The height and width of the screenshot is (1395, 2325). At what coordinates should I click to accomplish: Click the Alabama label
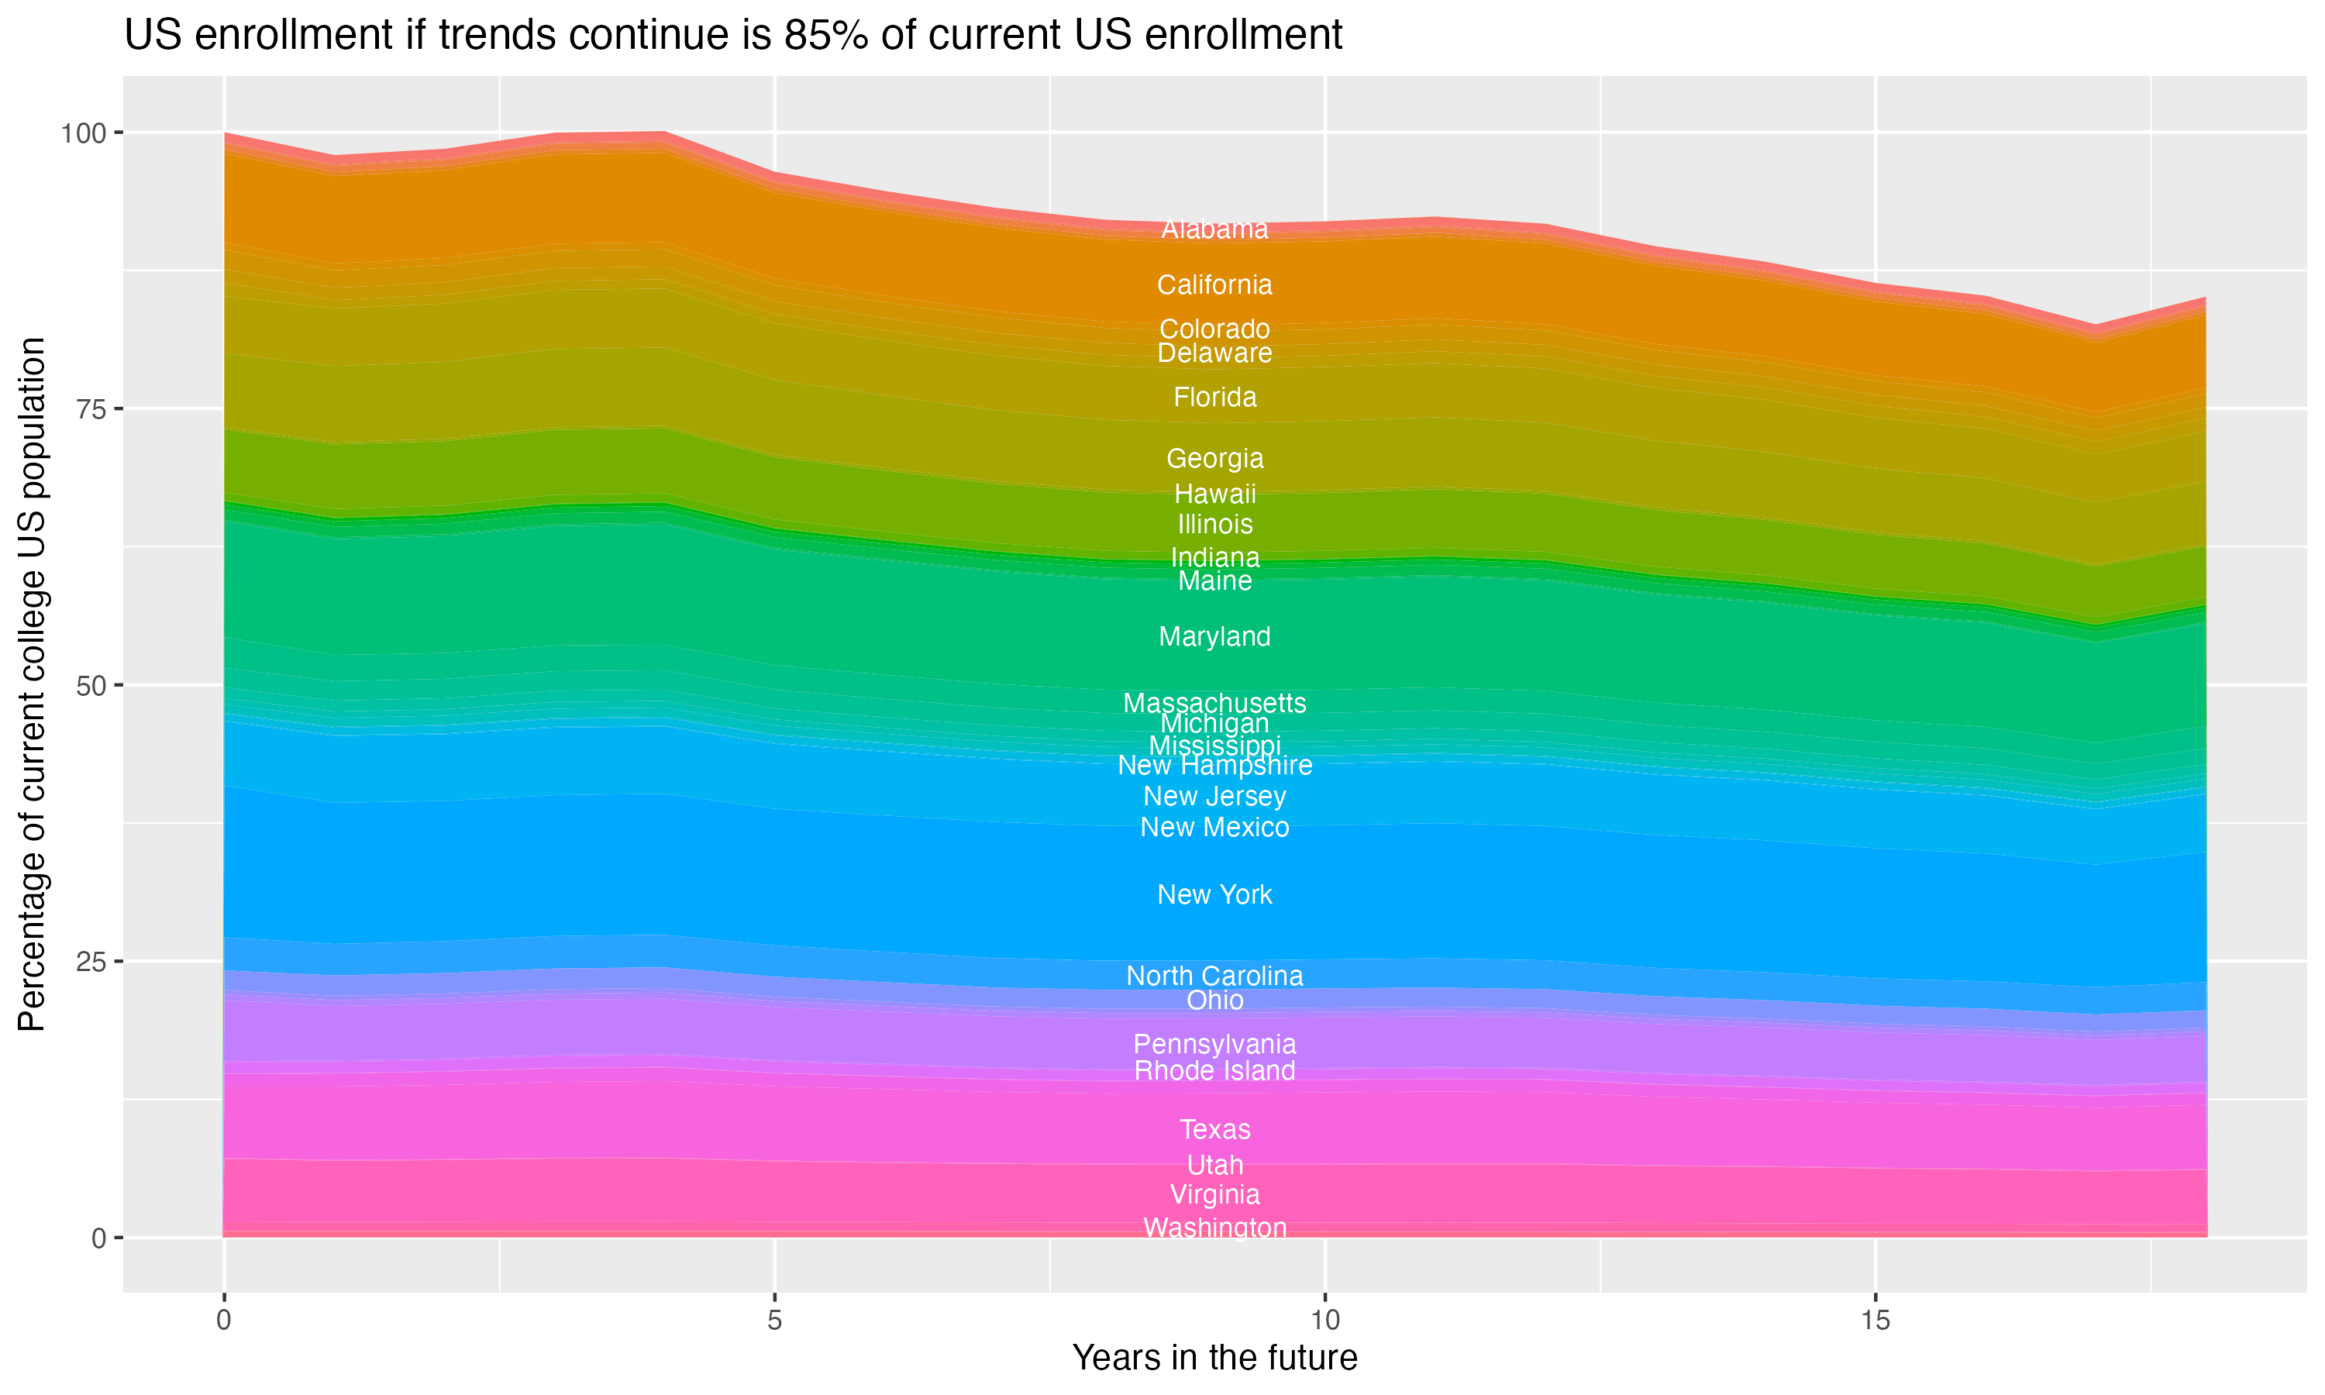point(1214,229)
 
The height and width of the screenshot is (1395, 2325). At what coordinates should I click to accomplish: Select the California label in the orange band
point(1214,285)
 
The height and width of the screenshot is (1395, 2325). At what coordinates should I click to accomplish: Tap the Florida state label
point(1214,398)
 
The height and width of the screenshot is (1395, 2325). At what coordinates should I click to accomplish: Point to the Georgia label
point(1214,459)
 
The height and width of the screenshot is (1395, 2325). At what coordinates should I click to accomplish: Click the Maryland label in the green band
point(1214,636)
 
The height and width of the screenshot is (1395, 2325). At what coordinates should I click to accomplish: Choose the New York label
point(1214,894)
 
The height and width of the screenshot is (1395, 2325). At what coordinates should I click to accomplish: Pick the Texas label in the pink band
point(1214,1129)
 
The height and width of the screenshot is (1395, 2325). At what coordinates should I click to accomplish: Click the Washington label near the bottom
point(1214,1228)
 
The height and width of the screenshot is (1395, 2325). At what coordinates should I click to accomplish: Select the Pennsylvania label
point(1214,1045)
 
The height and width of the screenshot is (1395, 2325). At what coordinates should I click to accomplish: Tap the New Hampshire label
point(1214,765)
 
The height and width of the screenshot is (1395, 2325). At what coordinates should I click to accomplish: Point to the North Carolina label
point(1214,976)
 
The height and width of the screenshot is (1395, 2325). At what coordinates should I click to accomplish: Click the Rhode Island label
point(1214,1071)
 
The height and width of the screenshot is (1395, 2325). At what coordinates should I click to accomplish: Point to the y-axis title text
point(32,684)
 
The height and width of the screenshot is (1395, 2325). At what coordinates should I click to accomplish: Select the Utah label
point(1214,1166)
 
